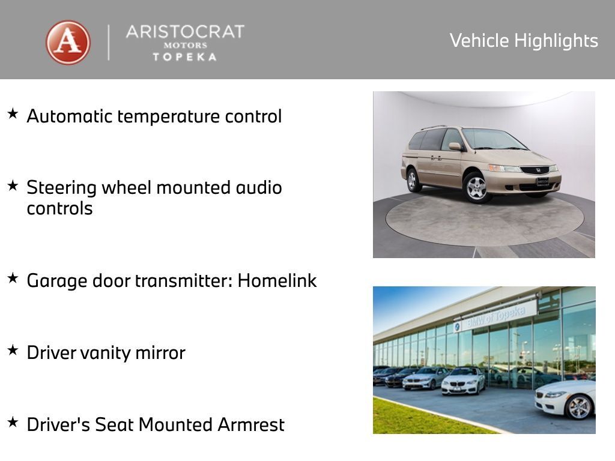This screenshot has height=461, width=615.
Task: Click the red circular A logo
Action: tap(68, 43)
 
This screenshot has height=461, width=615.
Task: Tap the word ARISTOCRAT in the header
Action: tap(184, 32)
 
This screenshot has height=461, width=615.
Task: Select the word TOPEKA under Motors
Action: tap(184, 57)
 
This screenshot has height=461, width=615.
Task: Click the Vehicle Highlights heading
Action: tap(524, 41)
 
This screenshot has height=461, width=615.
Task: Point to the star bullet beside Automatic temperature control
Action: tap(13, 113)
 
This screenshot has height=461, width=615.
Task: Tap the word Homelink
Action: tap(277, 280)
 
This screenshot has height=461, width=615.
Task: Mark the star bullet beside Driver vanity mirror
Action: tap(13, 350)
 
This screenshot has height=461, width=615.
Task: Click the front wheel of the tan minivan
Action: tap(477, 187)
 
